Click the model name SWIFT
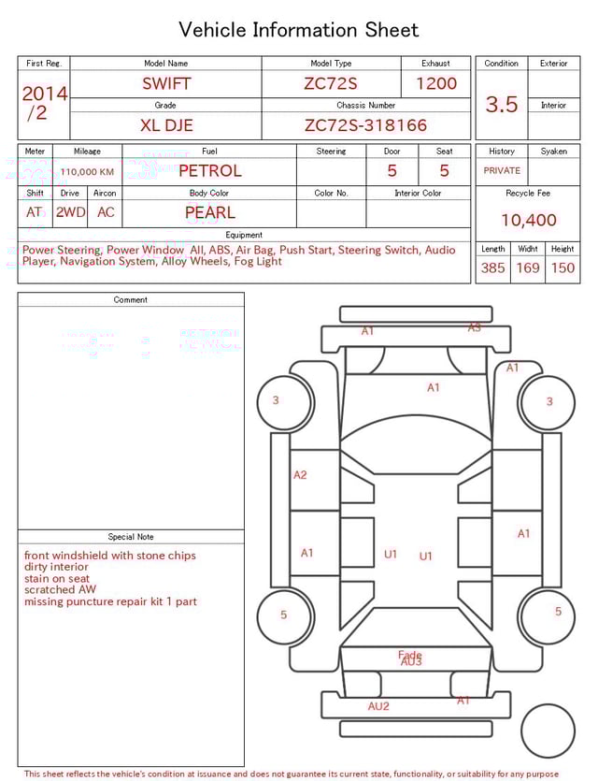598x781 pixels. click(x=166, y=83)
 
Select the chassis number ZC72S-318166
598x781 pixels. click(x=365, y=125)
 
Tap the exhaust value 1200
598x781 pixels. click(x=436, y=83)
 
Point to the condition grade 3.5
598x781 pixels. click(x=502, y=105)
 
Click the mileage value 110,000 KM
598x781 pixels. click(x=87, y=172)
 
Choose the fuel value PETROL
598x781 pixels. click(x=209, y=171)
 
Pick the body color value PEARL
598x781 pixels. click(x=209, y=212)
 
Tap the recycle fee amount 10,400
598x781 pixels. click(x=528, y=221)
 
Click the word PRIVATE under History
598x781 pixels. click(x=502, y=171)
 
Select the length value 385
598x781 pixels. click(x=492, y=268)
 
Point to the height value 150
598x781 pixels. click(x=562, y=268)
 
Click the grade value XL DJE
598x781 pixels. click(x=166, y=125)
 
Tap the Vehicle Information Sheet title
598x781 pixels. click(x=299, y=30)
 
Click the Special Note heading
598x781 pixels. click(x=131, y=537)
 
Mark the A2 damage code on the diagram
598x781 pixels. click(x=300, y=475)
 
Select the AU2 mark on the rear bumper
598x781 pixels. click(x=378, y=706)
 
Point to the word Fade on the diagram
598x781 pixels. click(x=409, y=655)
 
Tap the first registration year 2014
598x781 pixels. click(x=44, y=94)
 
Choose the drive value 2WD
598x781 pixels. click(x=70, y=212)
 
